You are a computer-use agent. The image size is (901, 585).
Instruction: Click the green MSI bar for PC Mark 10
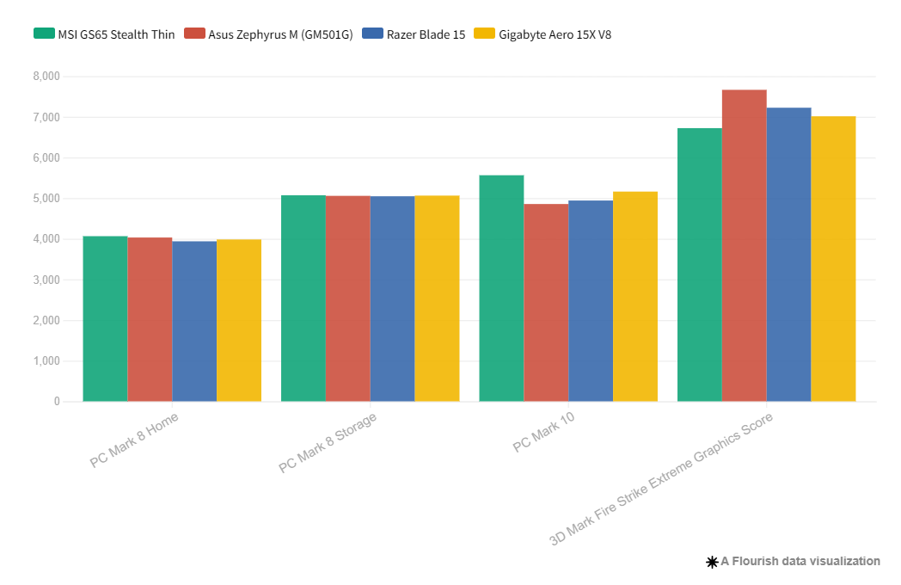[501, 288]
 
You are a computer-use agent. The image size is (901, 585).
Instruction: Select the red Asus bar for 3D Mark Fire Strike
[744, 245]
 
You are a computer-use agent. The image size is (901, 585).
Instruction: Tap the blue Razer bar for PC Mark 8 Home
[194, 321]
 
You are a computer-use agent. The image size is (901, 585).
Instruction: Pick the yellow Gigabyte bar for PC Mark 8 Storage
[437, 299]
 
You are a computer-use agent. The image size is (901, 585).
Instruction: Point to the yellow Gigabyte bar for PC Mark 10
[635, 296]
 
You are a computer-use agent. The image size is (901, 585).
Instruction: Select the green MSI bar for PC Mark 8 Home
[105, 318]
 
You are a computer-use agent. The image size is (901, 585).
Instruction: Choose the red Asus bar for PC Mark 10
[546, 303]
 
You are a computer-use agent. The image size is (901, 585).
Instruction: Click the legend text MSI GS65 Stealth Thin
[116, 34]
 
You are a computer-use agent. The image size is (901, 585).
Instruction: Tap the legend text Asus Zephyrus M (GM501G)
[280, 34]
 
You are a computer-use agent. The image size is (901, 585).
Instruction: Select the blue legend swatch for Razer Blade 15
[371, 34]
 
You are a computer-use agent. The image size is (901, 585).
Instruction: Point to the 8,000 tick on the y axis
[46, 77]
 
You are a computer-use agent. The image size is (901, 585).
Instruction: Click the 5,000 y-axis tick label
[46, 199]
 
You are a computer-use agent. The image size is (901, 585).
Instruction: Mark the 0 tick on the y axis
[57, 402]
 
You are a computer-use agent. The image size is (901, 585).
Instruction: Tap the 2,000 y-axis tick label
[46, 321]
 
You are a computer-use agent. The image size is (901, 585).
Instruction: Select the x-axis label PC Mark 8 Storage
[328, 442]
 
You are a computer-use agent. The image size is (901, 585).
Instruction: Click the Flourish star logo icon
[712, 562]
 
